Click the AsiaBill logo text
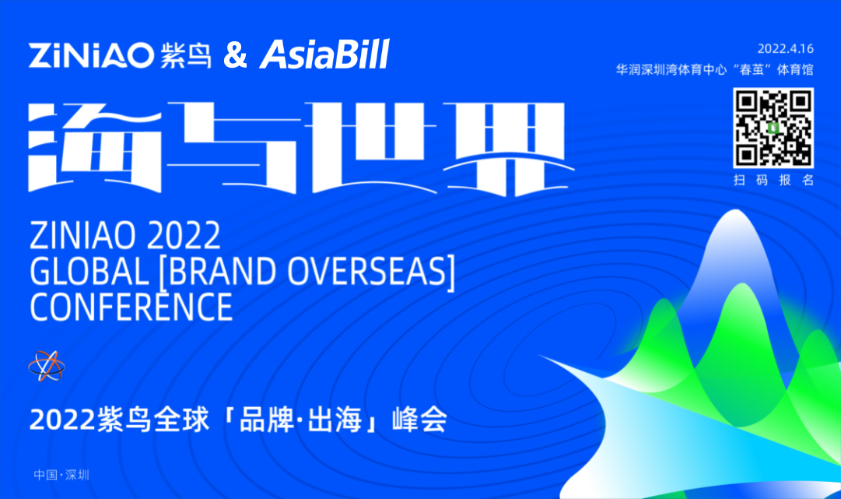(324, 54)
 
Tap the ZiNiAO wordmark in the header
(91, 55)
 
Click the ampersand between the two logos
(235, 55)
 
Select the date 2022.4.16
(785, 49)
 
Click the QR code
(773, 128)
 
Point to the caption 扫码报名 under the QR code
(773, 181)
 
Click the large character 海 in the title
(95, 147)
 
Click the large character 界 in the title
(506, 149)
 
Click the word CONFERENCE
(131, 307)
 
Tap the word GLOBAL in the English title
(89, 271)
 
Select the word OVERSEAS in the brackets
(367, 271)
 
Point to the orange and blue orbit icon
(47, 367)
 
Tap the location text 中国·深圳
(61, 475)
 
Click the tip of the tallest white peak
(735, 209)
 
